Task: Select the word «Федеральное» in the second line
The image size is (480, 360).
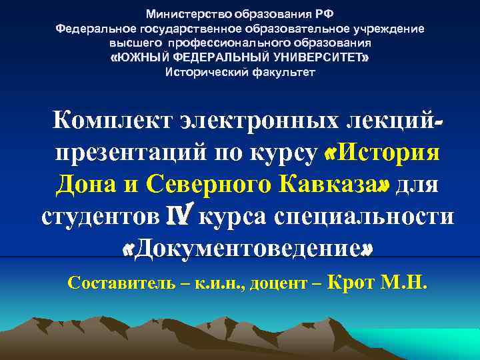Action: (96, 29)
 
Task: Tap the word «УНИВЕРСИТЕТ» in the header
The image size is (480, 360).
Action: (319, 58)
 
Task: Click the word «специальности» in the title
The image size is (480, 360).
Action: (378, 215)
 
